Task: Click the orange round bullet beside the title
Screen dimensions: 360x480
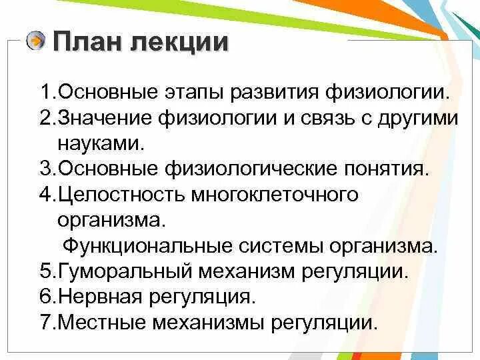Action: pyautogui.click(x=36, y=41)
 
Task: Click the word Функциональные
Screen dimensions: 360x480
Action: pyautogui.click(x=143, y=245)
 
